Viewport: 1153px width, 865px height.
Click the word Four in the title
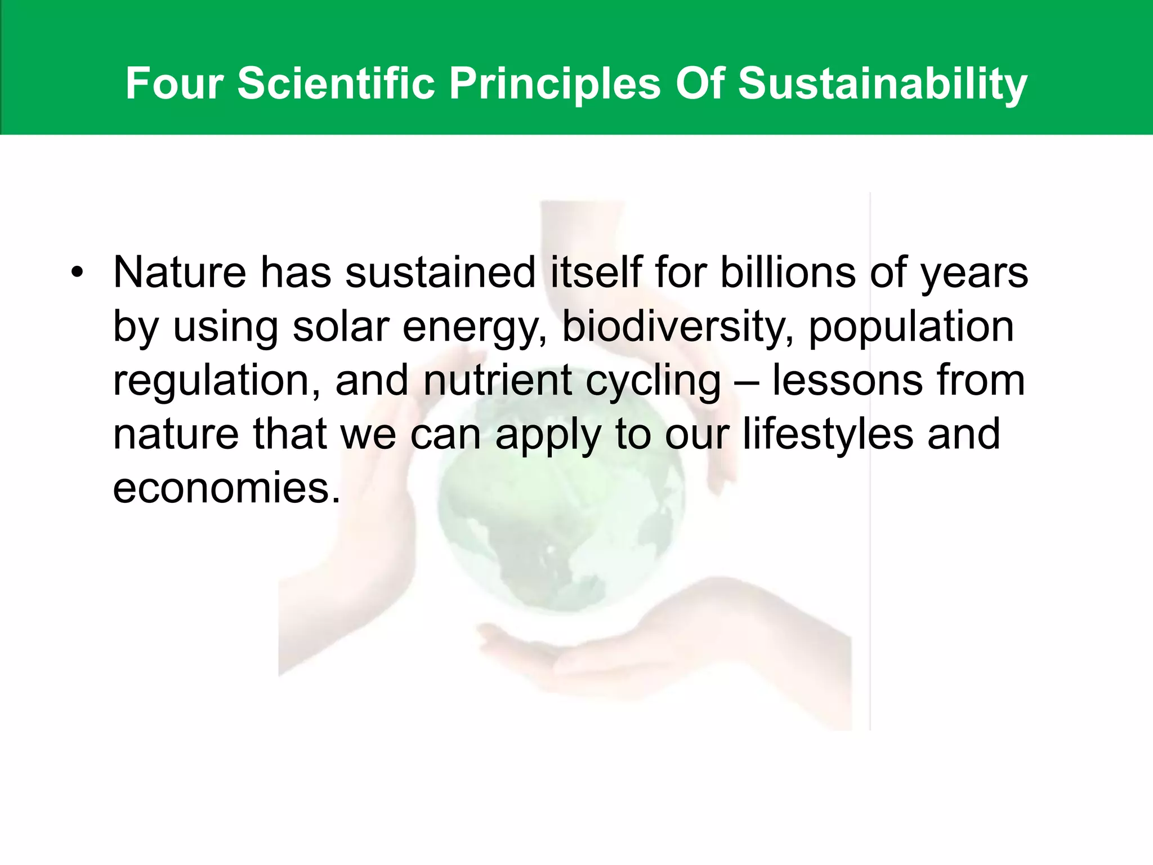coord(175,84)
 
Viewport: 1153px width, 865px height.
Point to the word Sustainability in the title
coord(882,84)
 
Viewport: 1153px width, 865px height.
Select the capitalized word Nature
coord(180,273)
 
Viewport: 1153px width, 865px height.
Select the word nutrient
coord(497,380)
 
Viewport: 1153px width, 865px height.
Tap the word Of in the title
coord(699,84)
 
